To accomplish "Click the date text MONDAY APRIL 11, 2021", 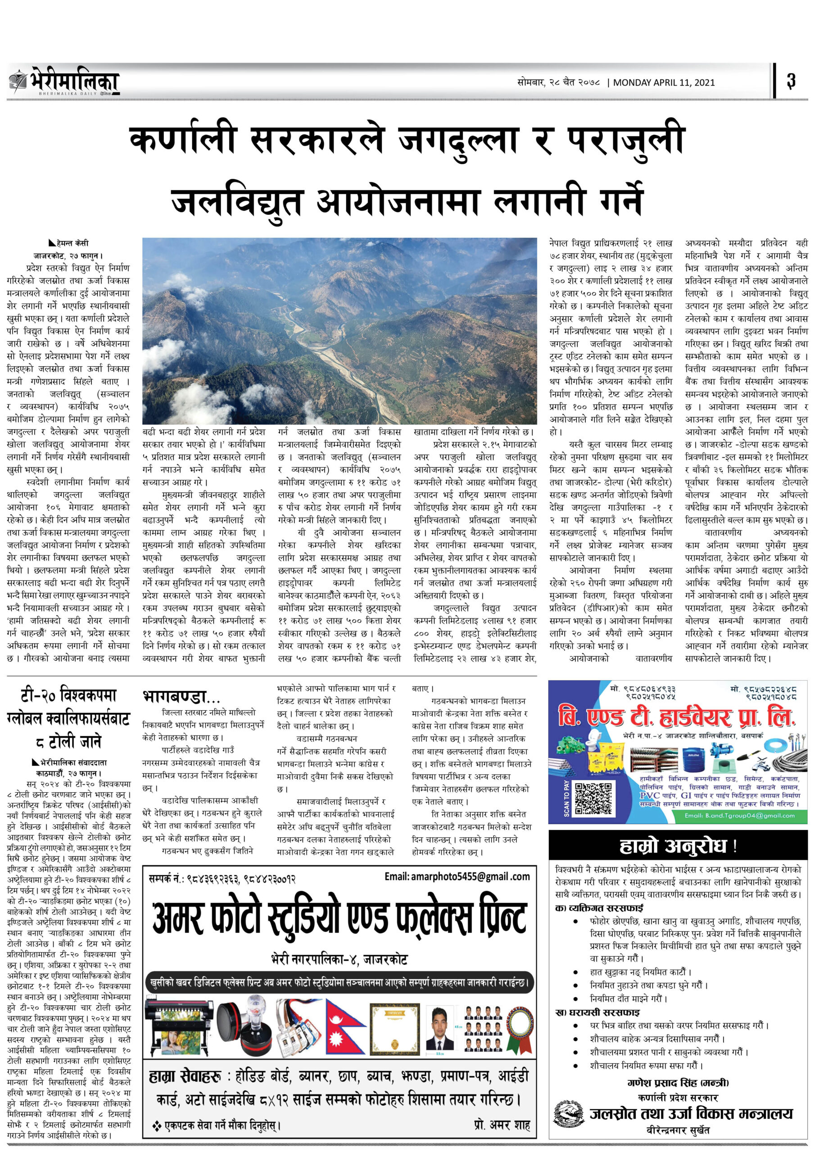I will [x=663, y=82].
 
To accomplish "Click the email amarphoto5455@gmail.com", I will [x=457, y=877].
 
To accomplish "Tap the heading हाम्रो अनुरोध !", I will [x=678, y=847].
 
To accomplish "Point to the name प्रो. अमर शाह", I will [x=501, y=1125].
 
